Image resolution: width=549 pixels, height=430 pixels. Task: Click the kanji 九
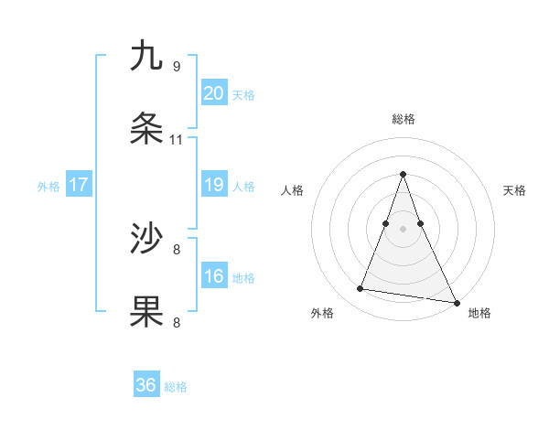click(x=146, y=56)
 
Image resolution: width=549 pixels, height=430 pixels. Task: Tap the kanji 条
click(x=146, y=129)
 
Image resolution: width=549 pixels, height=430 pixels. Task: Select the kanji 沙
click(x=146, y=239)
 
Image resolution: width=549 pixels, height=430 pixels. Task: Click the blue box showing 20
click(x=213, y=93)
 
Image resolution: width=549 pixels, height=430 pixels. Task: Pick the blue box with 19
click(x=213, y=185)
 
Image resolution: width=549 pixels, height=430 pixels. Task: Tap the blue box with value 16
click(x=213, y=276)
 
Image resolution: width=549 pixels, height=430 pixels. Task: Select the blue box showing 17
click(x=78, y=185)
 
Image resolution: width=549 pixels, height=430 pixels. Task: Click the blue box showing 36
click(x=146, y=385)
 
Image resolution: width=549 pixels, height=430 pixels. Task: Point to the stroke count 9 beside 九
click(x=176, y=67)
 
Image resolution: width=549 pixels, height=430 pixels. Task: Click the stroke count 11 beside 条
click(x=176, y=140)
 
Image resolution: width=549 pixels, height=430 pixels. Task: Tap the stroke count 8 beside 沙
click(x=176, y=249)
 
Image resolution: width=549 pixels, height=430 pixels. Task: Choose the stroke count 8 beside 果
click(x=176, y=322)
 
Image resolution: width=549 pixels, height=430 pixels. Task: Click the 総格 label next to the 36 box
click(x=176, y=387)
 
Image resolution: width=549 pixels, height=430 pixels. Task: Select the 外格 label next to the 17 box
click(x=48, y=187)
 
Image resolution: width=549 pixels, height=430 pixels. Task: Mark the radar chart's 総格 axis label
click(x=403, y=119)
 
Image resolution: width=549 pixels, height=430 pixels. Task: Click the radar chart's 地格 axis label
click(x=479, y=313)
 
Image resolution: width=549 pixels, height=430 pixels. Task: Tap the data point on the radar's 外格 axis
click(x=360, y=289)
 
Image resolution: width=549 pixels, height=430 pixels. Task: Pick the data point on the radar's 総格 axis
click(x=403, y=174)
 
